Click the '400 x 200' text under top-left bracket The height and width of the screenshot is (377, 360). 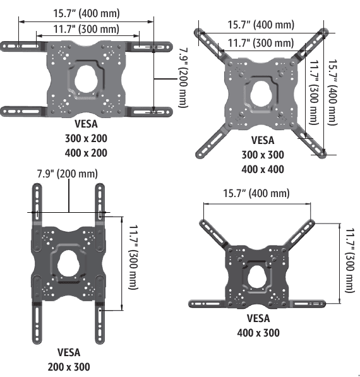[x=86, y=153]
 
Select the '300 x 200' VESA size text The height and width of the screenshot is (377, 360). [x=86, y=138]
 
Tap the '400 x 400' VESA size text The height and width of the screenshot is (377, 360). [x=263, y=169]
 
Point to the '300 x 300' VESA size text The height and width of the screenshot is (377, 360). [x=263, y=155]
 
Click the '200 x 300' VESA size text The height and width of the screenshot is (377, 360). [x=68, y=366]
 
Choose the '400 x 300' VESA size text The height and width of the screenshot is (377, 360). [x=258, y=333]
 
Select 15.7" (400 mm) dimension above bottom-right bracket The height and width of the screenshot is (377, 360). [x=256, y=194]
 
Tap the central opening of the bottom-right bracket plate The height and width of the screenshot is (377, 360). [x=258, y=276]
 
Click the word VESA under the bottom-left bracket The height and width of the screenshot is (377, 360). [x=68, y=352]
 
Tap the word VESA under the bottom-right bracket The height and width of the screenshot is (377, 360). [x=258, y=319]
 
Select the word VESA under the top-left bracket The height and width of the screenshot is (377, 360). [x=86, y=124]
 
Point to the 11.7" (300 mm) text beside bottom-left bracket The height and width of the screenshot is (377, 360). [x=133, y=256]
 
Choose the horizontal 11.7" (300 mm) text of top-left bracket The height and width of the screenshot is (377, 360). [x=86, y=29]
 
